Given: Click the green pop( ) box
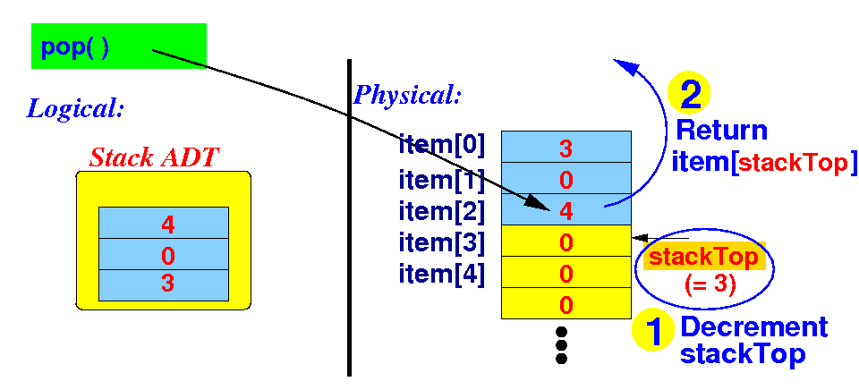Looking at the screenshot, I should [x=118, y=46].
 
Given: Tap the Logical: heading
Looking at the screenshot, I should [x=75, y=109].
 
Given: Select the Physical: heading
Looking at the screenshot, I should [x=408, y=94].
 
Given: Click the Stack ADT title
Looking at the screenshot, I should [x=155, y=158].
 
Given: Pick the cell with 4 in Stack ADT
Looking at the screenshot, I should [x=164, y=223].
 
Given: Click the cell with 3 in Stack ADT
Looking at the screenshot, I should [x=164, y=284].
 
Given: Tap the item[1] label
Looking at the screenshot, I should [x=442, y=180].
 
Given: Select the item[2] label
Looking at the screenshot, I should [x=442, y=211].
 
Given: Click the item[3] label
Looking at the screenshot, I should [x=442, y=242].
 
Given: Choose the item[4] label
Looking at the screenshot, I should [x=442, y=274].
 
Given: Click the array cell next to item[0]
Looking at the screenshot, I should [x=566, y=147].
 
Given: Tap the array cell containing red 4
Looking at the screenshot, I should [x=566, y=210].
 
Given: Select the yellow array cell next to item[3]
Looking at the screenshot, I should [x=566, y=242].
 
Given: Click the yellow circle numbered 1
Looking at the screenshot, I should [x=653, y=331].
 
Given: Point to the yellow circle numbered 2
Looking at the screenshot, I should [x=690, y=93].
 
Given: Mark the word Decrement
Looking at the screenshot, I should [x=753, y=327].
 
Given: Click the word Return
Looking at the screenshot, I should [x=721, y=131].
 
